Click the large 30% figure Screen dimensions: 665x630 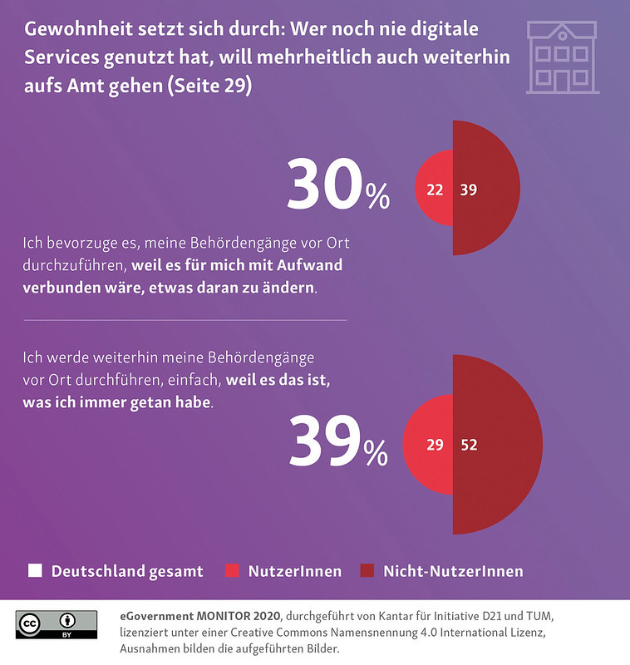click(337, 187)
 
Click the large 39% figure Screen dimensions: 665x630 click(337, 442)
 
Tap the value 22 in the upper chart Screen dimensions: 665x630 click(434, 190)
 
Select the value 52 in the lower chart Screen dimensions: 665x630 click(469, 445)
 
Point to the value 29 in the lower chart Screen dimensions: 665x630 click(435, 445)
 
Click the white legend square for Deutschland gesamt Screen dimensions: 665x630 click(35, 571)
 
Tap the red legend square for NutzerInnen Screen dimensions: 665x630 click(233, 571)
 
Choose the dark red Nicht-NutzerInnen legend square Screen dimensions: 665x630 click(367, 571)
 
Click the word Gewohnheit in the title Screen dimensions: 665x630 click(71, 30)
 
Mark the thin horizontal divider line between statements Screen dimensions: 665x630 click(185, 319)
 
